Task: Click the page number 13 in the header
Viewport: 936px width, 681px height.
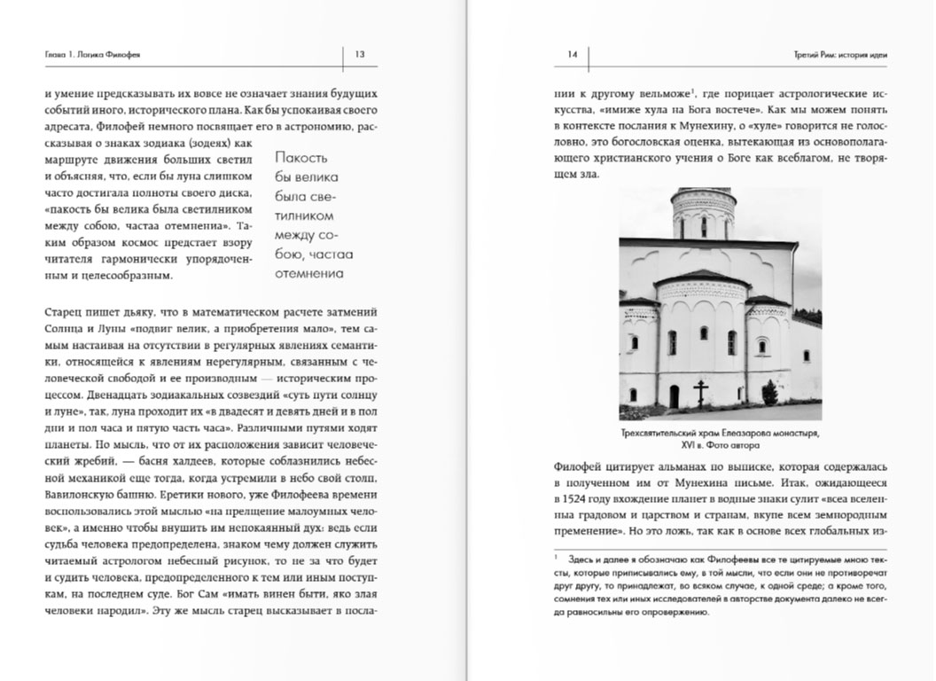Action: click(360, 55)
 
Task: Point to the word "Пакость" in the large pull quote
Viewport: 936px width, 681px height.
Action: click(301, 158)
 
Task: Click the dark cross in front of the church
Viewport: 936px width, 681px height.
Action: click(701, 390)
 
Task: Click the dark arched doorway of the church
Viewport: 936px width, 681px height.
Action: click(674, 395)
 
